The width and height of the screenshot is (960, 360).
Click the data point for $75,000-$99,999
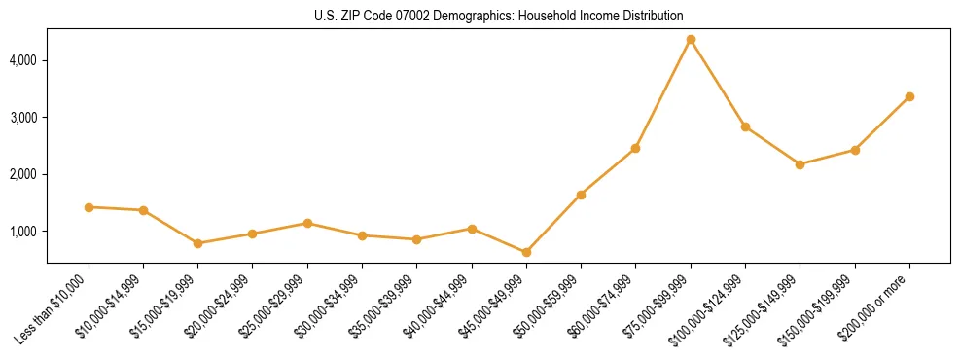(x=691, y=39)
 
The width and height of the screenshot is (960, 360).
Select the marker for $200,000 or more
(x=909, y=96)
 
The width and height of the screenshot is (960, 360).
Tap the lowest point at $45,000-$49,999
(x=526, y=252)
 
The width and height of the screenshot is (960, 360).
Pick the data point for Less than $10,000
(x=89, y=207)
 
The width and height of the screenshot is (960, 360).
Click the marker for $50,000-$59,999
(x=581, y=195)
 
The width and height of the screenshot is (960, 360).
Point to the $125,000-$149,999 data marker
(x=800, y=164)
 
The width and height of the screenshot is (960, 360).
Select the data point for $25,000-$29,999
(x=307, y=223)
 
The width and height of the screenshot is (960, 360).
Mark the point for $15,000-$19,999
(x=197, y=243)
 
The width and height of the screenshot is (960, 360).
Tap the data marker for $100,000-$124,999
(x=745, y=126)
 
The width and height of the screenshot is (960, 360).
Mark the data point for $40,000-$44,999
(x=472, y=229)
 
